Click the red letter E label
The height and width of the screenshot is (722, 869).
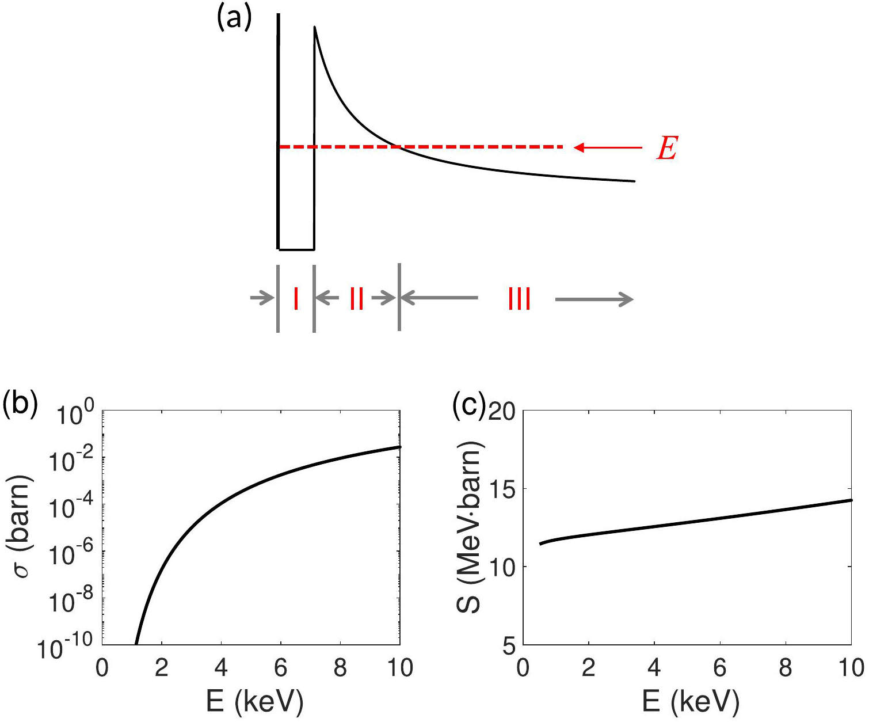[668, 148]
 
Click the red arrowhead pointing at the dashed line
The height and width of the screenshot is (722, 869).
[580, 147]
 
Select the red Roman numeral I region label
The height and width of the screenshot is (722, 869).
[296, 299]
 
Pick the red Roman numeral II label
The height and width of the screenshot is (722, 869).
[357, 299]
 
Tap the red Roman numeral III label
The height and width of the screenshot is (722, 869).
[519, 299]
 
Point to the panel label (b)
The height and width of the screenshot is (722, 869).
[20, 405]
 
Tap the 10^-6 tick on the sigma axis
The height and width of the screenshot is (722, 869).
[71, 554]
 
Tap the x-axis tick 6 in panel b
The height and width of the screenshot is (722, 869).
[281, 668]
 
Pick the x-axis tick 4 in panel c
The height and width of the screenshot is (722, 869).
[654, 668]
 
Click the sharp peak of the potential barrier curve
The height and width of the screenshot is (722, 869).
[314, 27]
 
